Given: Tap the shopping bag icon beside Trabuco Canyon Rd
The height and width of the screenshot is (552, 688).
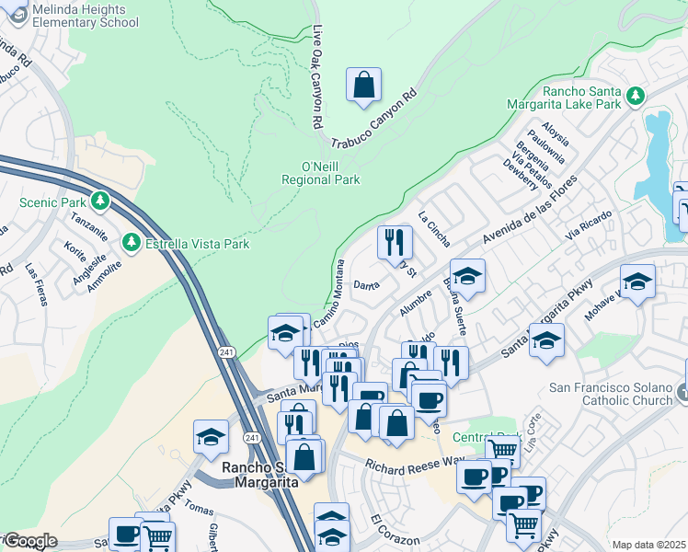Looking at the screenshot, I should [364, 85].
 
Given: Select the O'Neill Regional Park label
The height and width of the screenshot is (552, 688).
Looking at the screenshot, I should [319, 173].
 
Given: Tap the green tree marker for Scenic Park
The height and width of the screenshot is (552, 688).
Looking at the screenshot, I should [100, 201].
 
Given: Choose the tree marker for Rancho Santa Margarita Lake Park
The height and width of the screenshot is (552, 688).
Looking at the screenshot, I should [635, 96].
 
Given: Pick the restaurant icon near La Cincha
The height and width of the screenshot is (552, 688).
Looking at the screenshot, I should [395, 243].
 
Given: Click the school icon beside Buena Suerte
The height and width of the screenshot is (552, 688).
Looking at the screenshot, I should [467, 276].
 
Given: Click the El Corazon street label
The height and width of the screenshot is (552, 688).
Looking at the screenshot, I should [396, 531].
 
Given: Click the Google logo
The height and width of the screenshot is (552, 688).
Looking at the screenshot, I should [30, 540].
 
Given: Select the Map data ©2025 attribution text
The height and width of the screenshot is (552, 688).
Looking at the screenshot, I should [648, 545].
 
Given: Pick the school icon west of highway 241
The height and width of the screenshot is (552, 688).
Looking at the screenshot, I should [211, 437].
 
